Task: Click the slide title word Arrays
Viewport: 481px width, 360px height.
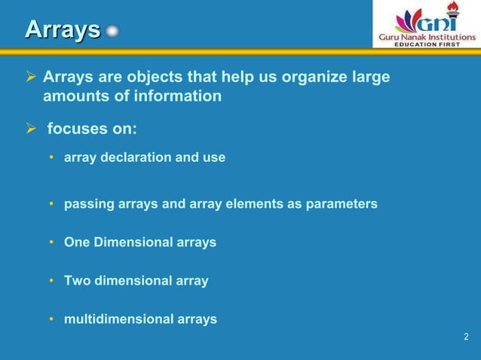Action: [62, 29]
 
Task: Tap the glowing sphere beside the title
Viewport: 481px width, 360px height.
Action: [112, 32]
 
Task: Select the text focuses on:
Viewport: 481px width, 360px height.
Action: [92, 128]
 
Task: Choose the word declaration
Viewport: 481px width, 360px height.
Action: [133, 158]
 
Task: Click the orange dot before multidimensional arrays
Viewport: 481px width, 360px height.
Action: [51, 319]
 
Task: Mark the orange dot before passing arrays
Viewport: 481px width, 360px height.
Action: [51, 204]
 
